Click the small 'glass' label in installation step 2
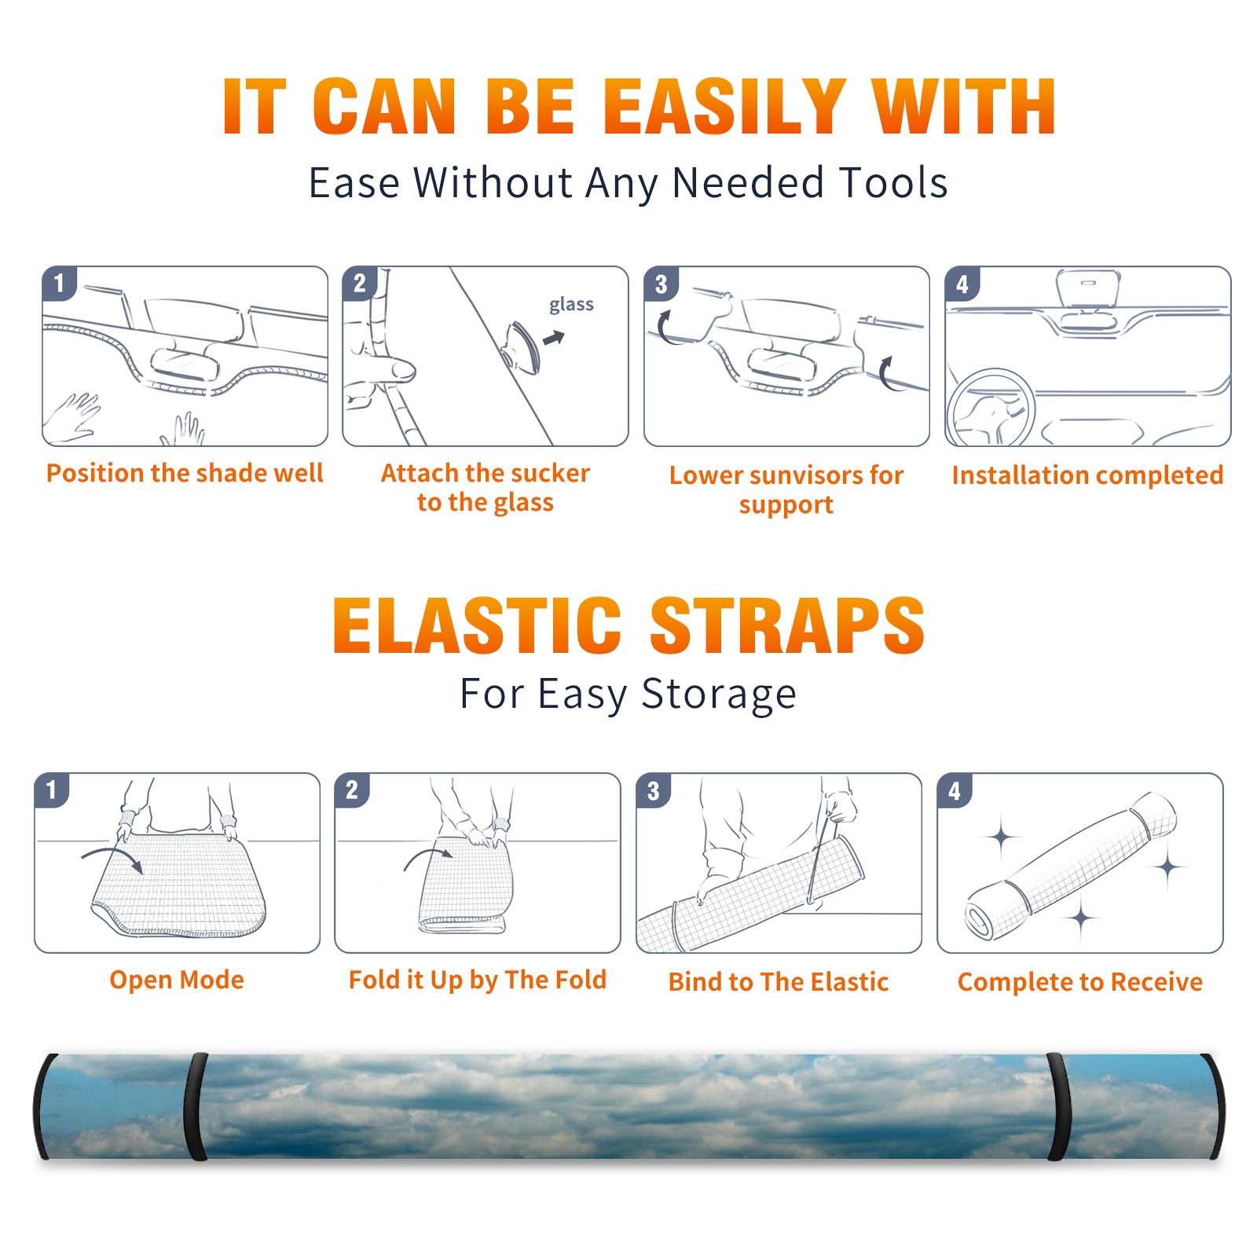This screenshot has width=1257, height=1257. coord(571,305)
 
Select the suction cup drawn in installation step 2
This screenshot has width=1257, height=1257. coord(522,346)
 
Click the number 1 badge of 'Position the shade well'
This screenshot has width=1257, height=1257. coord(60,283)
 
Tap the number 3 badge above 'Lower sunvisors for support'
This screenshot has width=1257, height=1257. coord(661,284)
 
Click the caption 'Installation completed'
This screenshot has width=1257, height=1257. coord(1087,475)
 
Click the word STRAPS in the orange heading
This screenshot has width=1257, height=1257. coord(787,625)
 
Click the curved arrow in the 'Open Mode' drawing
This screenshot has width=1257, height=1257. coord(113,856)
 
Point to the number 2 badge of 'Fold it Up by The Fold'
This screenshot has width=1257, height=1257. coord(352,790)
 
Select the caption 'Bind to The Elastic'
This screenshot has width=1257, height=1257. coord(779,981)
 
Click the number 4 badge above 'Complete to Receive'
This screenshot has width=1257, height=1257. coord(955,790)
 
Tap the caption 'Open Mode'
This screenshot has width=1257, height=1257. coord(177,980)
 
